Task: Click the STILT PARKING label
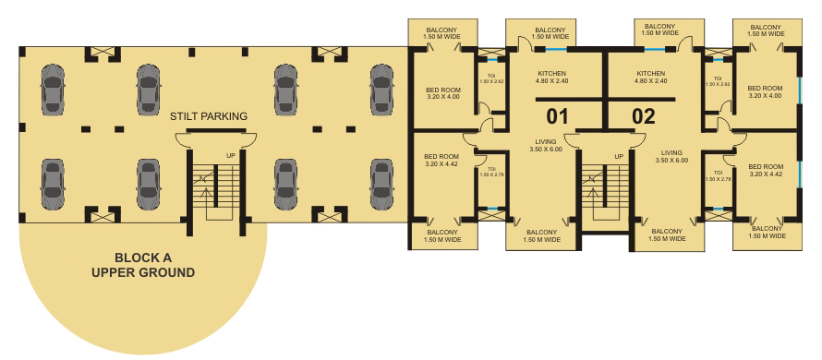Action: pyautogui.click(x=208, y=116)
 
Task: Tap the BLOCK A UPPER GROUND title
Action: pyautogui.click(x=143, y=265)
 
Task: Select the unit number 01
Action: pyautogui.click(x=557, y=116)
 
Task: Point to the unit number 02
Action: pyautogui.click(x=644, y=116)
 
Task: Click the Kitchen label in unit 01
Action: pyautogui.click(x=551, y=77)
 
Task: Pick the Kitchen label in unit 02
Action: pyautogui.click(x=650, y=77)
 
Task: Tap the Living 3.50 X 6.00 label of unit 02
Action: pyautogui.click(x=671, y=157)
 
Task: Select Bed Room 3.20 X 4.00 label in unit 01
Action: pyautogui.click(x=443, y=93)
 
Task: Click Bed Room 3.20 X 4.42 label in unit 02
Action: pyautogui.click(x=766, y=170)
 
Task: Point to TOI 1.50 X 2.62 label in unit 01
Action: pyautogui.click(x=491, y=79)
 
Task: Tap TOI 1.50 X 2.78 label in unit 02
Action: pyautogui.click(x=718, y=175)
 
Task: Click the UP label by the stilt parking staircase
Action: pyautogui.click(x=231, y=156)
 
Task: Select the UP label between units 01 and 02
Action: pyautogui.click(x=619, y=156)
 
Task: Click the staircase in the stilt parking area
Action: pyautogui.click(x=215, y=192)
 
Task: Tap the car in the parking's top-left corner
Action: pyautogui.click(x=53, y=90)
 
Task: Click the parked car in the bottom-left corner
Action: pyautogui.click(x=53, y=185)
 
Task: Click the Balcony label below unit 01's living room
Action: pyautogui.click(x=541, y=235)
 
